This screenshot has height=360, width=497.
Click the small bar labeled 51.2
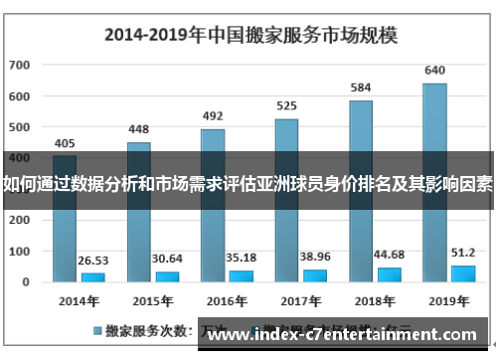pyautogui.click(x=463, y=272)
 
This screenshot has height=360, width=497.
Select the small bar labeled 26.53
pyautogui.click(x=92, y=276)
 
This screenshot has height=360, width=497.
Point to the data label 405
pyautogui.click(x=65, y=142)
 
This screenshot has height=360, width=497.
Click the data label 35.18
pyautogui.click(x=242, y=256)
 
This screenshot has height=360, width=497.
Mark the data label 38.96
pyautogui.click(x=316, y=255)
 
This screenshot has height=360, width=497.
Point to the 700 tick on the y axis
pyautogui.click(x=20, y=66)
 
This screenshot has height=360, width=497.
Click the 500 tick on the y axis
pyautogui.click(x=20, y=127)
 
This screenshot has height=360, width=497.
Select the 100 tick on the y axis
pyautogui.click(x=20, y=251)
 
